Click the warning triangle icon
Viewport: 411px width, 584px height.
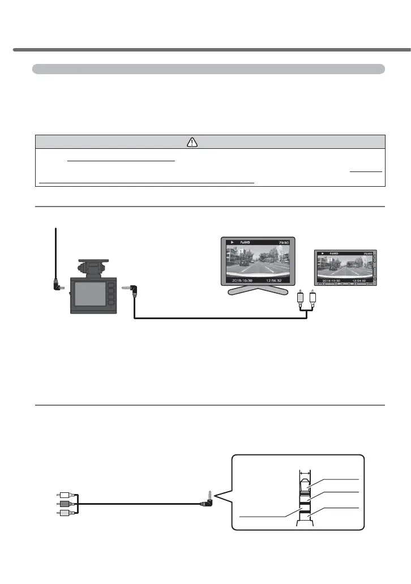coord(193,142)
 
